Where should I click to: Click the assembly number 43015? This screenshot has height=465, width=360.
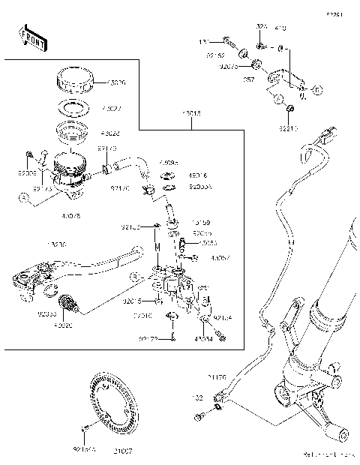tap(190, 115)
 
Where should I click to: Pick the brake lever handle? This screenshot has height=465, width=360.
tap(97, 263)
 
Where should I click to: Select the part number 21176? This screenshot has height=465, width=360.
tap(218, 378)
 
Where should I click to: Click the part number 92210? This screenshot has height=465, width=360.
tap(289, 128)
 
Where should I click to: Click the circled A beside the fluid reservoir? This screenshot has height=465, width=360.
tap(25, 197)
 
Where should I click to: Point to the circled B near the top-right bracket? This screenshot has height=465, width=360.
tap(316, 91)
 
